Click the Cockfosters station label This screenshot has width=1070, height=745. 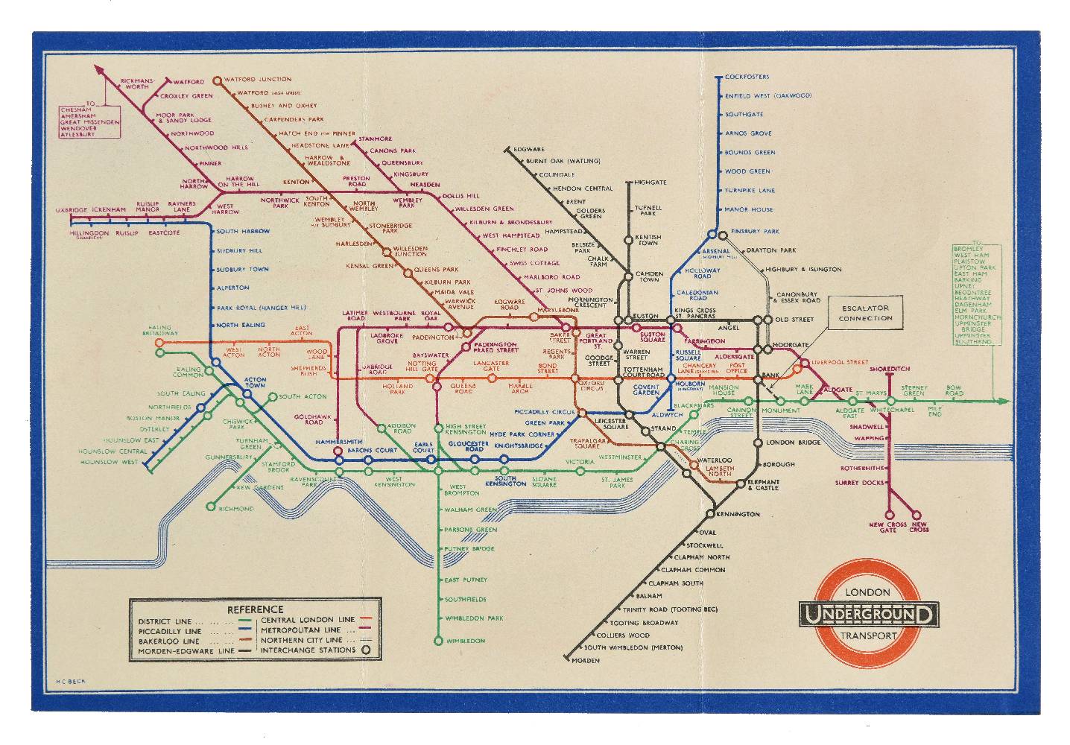(x=747, y=77)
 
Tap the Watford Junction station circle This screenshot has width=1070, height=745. (x=217, y=80)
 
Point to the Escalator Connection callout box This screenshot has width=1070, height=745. (x=864, y=313)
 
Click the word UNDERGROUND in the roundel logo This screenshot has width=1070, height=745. (x=868, y=615)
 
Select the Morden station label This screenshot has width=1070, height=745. (x=586, y=661)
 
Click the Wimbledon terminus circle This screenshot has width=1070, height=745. (x=437, y=641)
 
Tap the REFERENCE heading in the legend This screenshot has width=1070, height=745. (x=255, y=609)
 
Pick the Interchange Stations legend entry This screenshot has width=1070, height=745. (x=308, y=650)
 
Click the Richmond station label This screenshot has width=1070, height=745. (x=236, y=509)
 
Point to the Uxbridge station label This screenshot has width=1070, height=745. (x=72, y=210)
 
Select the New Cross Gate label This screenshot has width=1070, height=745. (x=887, y=527)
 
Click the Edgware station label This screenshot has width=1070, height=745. (x=529, y=150)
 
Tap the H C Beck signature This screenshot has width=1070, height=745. (x=68, y=681)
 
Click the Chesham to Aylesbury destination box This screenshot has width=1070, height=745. (x=89, y=121)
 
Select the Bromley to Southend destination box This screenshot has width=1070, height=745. (x=976, y=294)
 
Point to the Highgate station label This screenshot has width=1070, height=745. (x=650, y=183)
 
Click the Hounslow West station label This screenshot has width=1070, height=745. (x=110, y=462)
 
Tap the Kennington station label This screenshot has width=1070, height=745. (x=739, y=514)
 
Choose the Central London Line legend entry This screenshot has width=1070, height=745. (x=307, y=620)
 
